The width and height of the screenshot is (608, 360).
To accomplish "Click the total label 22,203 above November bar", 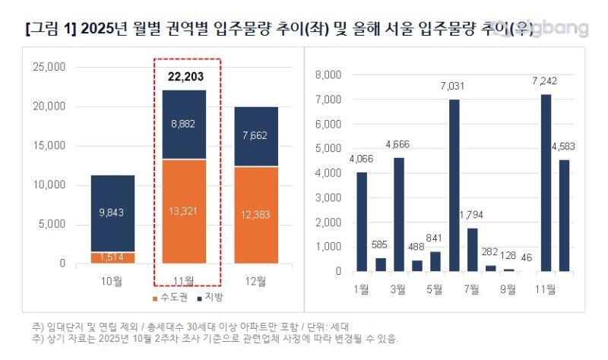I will (x=186, y=76).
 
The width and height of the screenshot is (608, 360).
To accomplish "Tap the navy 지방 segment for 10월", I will (x=113, y=213).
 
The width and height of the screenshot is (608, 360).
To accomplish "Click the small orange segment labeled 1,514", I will (x=113, y=257).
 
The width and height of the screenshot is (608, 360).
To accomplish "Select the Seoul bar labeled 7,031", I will (x=454, y=185).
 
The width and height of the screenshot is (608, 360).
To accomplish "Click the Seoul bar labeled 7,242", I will (x=546, y=182).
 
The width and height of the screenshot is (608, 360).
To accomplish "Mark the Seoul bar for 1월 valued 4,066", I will (x=362, y=221).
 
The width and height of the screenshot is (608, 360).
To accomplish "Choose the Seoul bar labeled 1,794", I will (x=472, y=249).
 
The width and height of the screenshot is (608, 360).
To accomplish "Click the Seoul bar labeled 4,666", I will (x=398, y=214).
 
